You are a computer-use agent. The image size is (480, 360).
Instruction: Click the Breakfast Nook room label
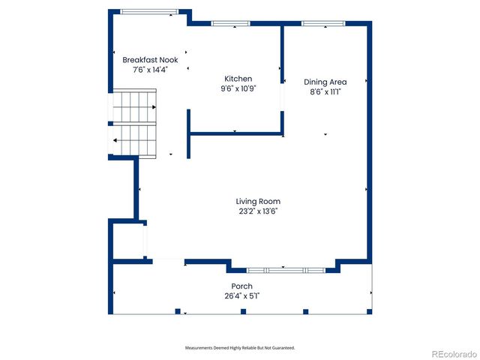click(150, 60)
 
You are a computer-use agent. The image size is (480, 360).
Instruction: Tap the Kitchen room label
click(238, 79)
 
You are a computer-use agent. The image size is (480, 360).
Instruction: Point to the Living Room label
click(258, 201)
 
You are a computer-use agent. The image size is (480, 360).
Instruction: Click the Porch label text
click(241, 286)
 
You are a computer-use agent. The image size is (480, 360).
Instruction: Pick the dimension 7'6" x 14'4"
click(150, 70)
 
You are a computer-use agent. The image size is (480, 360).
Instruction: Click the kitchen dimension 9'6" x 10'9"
click(238, 88)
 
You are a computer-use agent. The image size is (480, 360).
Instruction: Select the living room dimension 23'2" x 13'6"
click(258, 211)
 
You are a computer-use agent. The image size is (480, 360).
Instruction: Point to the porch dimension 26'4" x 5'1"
click(241, 296)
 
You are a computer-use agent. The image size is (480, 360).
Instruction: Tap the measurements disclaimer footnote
click(240, 348)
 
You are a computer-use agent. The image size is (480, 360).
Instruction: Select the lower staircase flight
click(134, 140)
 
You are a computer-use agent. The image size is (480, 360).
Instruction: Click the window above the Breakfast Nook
click(150, 11)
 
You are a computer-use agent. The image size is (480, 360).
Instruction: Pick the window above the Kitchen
click(230, 23)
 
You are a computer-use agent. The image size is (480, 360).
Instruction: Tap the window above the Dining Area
click(323, 23)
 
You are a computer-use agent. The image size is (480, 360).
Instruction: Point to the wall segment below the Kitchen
click(235, 134)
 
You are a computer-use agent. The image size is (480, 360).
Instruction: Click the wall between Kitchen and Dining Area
click(283, 79)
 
